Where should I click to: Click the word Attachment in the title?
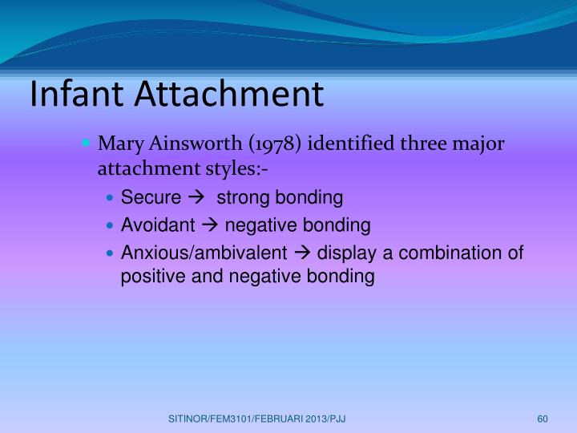point(229,94)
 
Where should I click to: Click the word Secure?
point(151,198)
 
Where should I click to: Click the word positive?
point(149,277)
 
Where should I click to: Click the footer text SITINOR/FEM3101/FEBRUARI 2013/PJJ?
point(257,419)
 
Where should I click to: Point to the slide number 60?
point(542,419)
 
